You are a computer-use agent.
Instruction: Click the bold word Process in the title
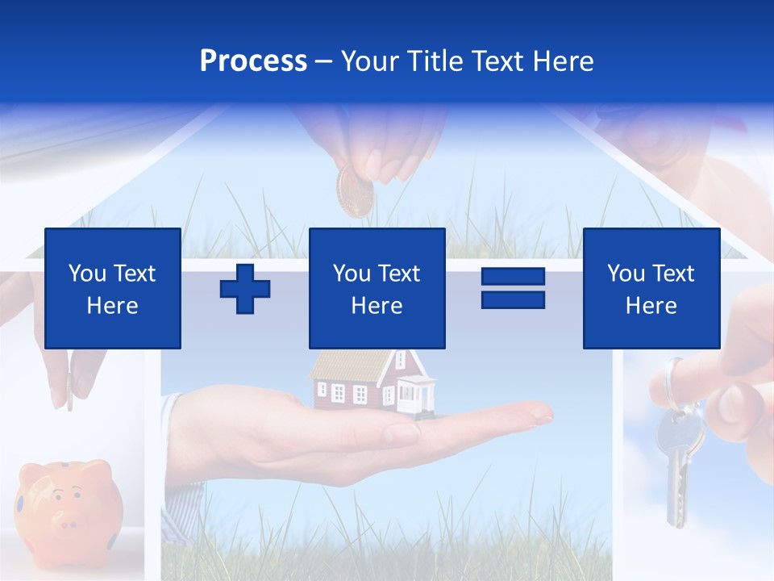[253, 61]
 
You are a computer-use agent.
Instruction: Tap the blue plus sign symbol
[245, 289]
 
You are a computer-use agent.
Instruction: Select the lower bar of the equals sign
[513, 300]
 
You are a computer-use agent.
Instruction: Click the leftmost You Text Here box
[113, 288]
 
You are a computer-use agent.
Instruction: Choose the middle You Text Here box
[377, 288]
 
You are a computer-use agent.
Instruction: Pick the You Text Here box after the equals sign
[651, 288]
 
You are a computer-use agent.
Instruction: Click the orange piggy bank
[69, 504]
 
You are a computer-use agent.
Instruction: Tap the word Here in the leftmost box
[113, 306]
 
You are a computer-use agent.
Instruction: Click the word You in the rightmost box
[626, 274]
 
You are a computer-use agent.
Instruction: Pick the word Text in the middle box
[399, 274]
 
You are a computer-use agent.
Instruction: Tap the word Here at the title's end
[564, 61]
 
